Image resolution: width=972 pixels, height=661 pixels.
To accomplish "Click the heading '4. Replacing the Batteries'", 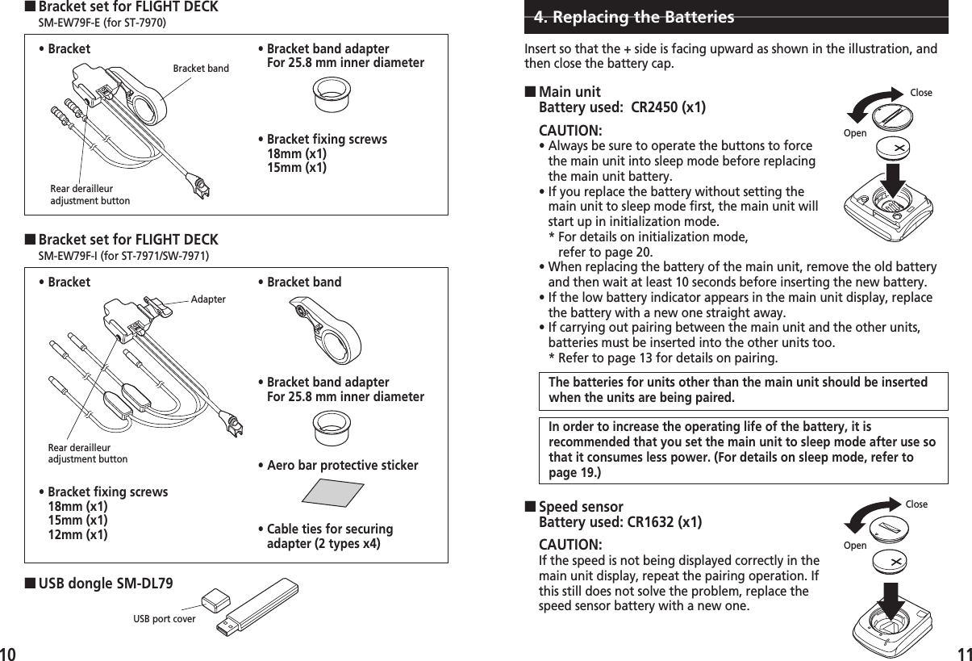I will tap(634, 17).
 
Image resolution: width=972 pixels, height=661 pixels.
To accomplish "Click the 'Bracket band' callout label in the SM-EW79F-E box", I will tap(201, 69).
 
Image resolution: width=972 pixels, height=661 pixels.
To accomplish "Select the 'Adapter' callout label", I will tap(208, 299).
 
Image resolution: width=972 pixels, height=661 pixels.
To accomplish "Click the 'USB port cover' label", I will tap(164, 619).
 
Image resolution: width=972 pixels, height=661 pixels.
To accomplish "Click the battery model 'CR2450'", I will tap(657, 107).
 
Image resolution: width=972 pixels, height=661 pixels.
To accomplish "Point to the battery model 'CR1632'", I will tap(654, 522).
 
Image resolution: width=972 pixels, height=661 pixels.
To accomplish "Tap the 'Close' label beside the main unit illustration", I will tap(920, 93).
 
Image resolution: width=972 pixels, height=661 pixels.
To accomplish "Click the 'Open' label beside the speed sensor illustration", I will tap(855, 546).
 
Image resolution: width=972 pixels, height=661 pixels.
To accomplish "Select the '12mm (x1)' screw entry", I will tap(77, 534).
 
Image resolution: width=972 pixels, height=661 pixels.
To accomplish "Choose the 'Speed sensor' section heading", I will tap(581, 508).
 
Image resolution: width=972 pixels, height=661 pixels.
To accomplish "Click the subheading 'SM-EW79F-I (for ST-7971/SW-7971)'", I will tap(123, 256).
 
